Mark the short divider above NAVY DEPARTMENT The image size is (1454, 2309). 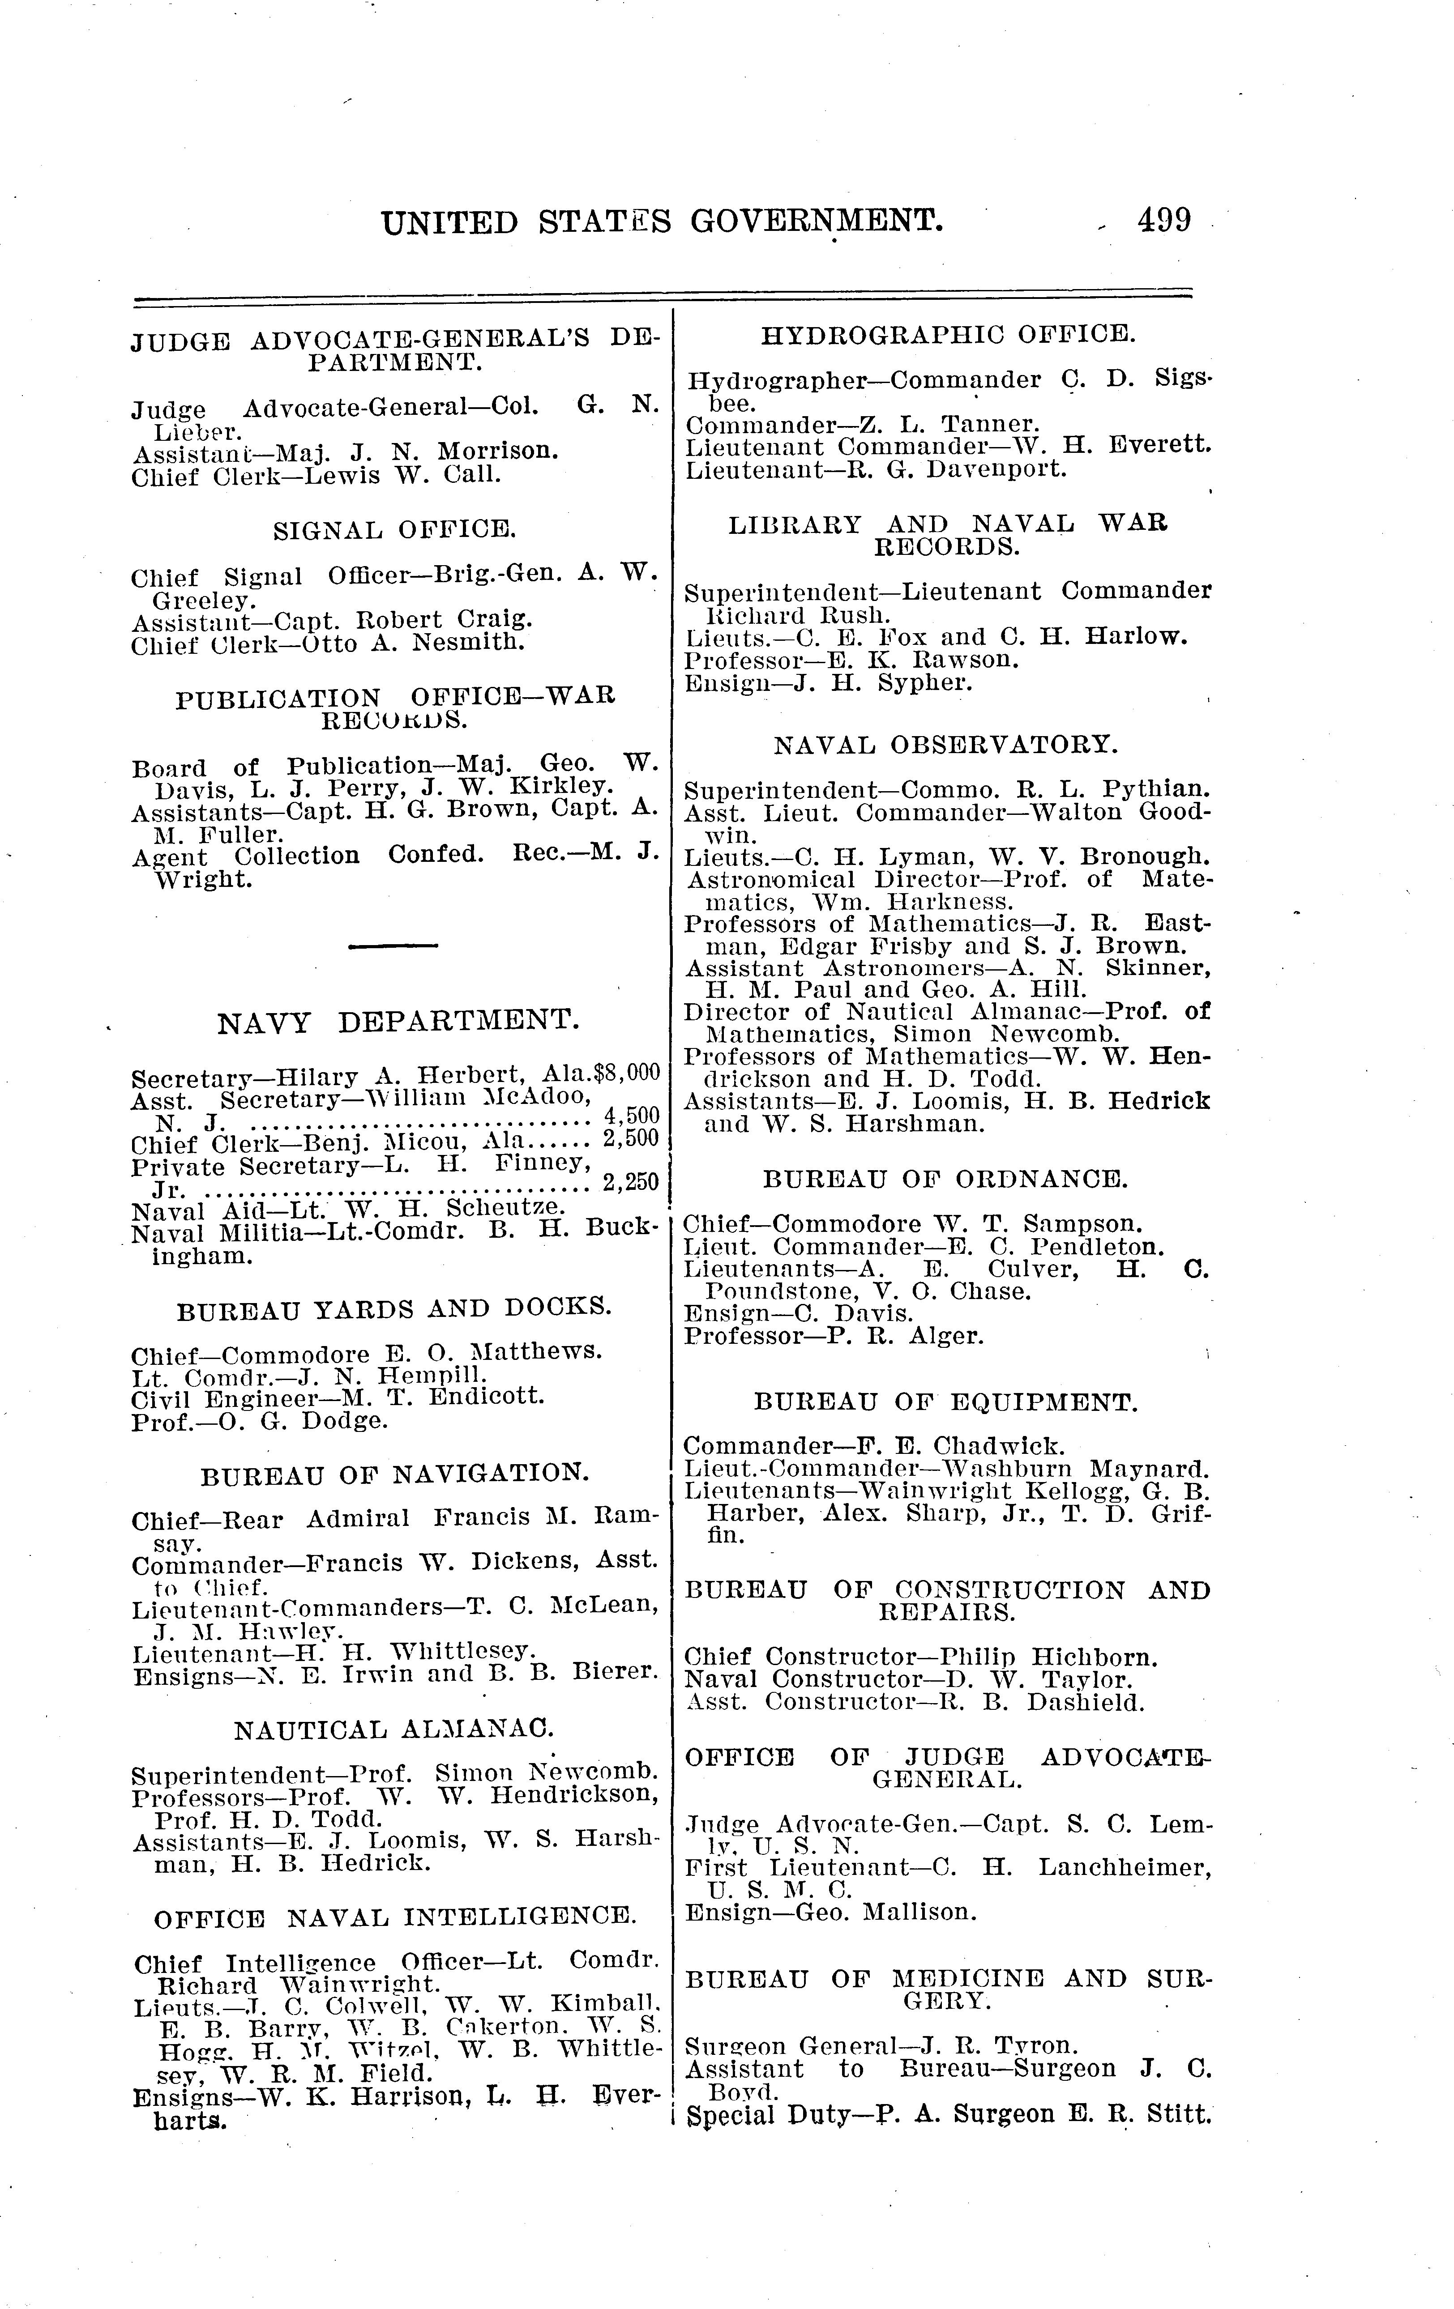(393, 946)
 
